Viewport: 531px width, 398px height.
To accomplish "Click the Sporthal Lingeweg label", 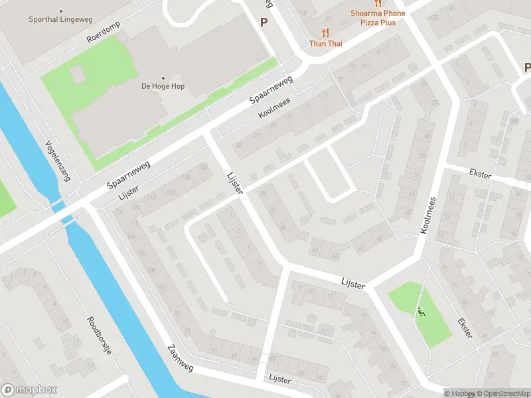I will click(60, 20).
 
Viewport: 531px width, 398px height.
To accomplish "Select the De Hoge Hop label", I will click(163, 86).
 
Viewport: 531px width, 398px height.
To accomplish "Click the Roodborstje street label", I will click(99, 336).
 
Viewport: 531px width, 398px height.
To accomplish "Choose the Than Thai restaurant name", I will click(325, 44).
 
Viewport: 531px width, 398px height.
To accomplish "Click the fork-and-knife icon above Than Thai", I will click(325, 32).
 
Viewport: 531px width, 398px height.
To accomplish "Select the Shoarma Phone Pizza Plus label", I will click(377, 18).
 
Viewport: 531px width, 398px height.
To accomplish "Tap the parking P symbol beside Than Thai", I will click(264, 22).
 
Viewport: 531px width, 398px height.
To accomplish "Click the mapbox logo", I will click(29, 390).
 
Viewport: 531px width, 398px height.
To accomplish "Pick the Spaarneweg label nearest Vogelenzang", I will click(129, 175).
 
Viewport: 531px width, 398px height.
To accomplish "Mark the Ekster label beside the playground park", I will click(465, 328).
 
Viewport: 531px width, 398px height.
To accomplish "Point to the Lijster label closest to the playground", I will click(353, 283).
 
